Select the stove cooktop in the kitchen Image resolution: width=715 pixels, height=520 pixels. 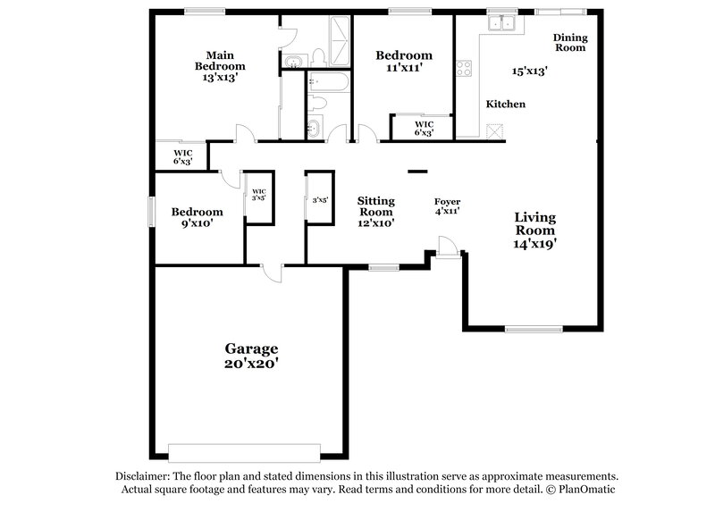pyautogui.click(x=465, y=68)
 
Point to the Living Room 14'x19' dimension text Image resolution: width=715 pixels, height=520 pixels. pyautogui.click(x=535, y=242)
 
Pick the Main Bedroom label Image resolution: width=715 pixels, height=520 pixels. pyautogui.click(x=220, y=60)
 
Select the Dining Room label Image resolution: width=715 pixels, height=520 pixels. pyautogui.click(x=569, y=42)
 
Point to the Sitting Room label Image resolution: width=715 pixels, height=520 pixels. pyautogui.click(x=375, y=206)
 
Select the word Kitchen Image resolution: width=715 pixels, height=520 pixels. pyautogui.click(x=505, y=105)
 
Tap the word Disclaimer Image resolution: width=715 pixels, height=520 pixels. pyautogui.click(x=145, y=476)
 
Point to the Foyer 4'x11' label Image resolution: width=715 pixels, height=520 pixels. pyautogui.click(x=446, y=206)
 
